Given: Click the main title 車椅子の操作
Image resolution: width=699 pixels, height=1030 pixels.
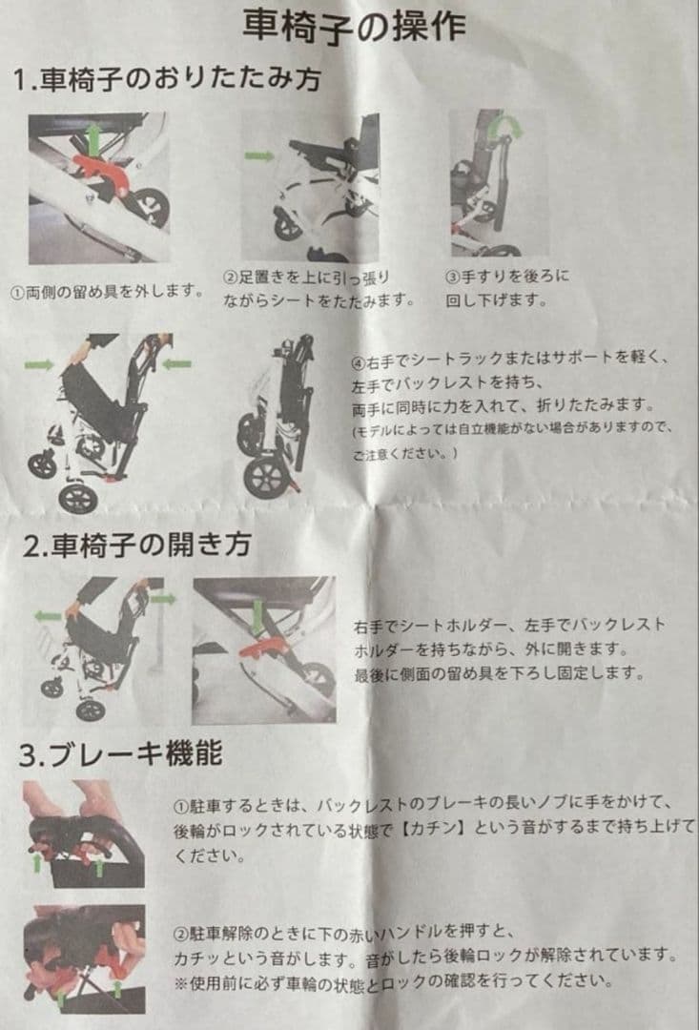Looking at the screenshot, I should coord(354,26).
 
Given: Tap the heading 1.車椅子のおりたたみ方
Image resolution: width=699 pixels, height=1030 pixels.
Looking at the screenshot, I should coord(167,79).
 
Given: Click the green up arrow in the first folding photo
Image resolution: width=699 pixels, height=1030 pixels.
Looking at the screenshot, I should coord(93,138).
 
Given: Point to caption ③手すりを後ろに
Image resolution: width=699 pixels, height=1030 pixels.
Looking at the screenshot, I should coord(507,276).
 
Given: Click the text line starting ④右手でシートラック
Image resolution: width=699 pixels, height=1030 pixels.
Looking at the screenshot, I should coord(512,360).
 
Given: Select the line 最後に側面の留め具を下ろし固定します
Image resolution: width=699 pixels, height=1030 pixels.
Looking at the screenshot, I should coord(499,674).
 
